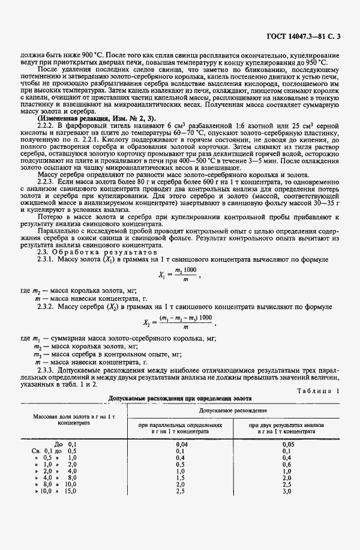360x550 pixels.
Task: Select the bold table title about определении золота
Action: (x=179, y=398)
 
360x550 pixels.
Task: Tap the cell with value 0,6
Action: (x=287, y=464)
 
